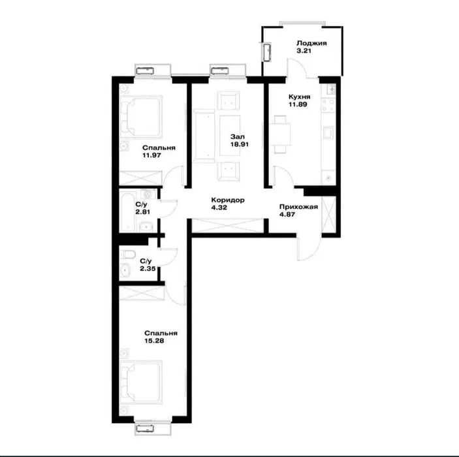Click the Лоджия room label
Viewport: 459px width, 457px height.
(x=311, y=43)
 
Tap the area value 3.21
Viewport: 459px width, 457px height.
(x=304, y=51)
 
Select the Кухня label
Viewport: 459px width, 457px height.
(x=300, y=97)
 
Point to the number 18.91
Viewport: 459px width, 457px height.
(x=240, y=144)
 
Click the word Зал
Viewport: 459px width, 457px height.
(x=238, y=136)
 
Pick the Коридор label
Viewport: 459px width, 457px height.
(x=228, y=200)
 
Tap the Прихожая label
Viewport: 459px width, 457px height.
(x=298, y=207)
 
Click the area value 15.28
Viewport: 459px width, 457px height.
(x=154, y=341)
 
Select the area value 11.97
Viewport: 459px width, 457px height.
(x=151, y=155)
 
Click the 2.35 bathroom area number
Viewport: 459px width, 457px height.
(x=148, y=268)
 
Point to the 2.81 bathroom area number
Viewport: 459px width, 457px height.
(x=143, y=212)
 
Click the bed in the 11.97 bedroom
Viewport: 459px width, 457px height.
(x=142, y=116)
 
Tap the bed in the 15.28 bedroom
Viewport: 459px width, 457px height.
(x=142, y=383)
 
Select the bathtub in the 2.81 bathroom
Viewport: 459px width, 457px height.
(x=127, y=211)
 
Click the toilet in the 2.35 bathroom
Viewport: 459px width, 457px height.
(x=127, y=254)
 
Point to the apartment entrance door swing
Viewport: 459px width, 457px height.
(x=309, y=249)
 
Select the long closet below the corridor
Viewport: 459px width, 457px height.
(x=228, y=225)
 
